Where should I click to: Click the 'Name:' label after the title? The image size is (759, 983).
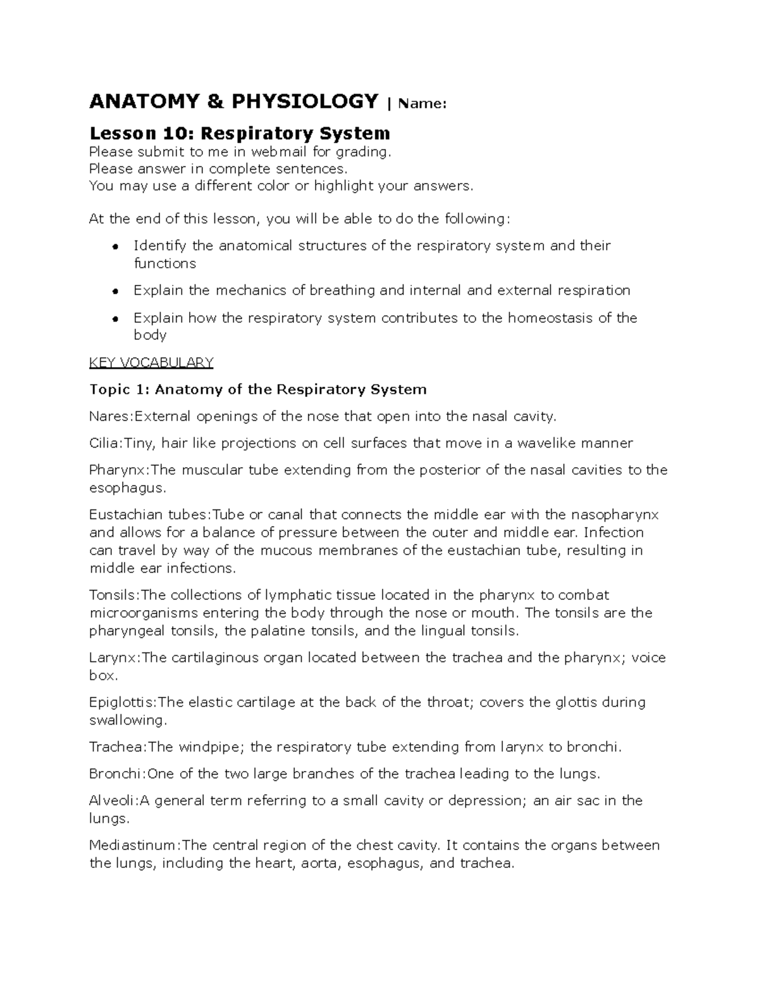(422, 103)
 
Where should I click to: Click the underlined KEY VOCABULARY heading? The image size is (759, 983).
(151, 363)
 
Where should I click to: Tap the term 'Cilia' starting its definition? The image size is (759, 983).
(104, 443)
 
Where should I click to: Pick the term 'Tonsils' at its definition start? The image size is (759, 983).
(113, 595)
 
